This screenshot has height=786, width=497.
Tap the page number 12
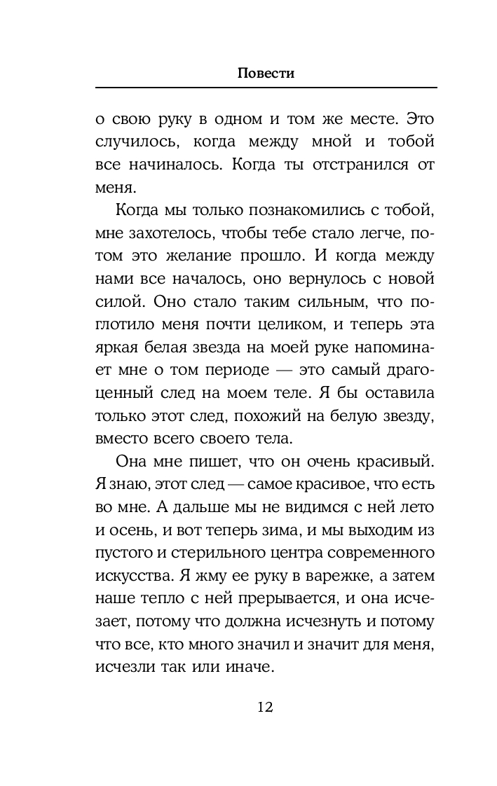[x=265, y=706]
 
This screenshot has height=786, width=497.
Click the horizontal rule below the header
[x=265, y=87]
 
